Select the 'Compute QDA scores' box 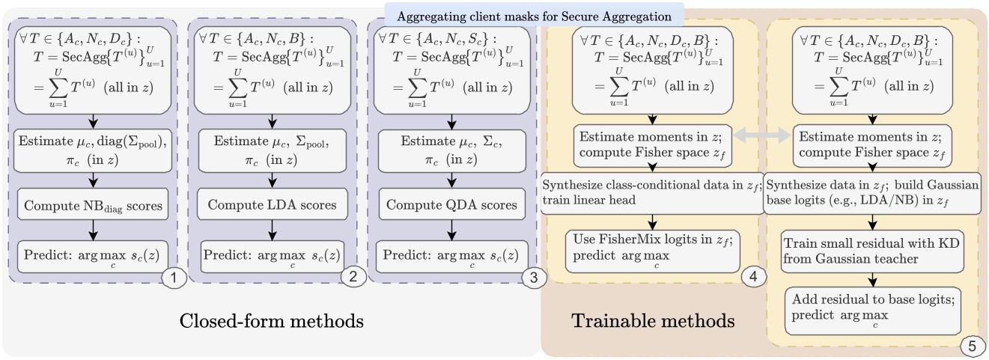click(448, 206)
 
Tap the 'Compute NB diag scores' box click(93, 206)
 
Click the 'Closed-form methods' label click(271, 322)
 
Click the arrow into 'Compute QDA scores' click(448, 183)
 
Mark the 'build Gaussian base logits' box click(871, 192)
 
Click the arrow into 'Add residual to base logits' click(871, 278)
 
